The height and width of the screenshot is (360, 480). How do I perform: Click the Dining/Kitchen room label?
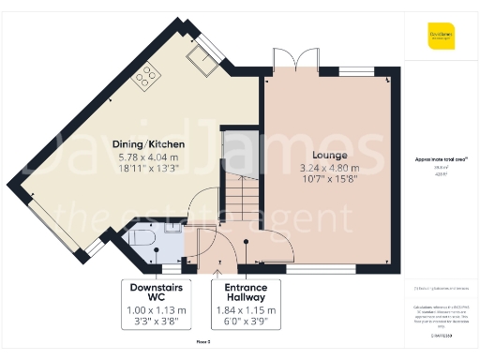click(x=151, y=144)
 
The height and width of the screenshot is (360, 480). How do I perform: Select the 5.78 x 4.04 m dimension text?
click(x=151, y=158)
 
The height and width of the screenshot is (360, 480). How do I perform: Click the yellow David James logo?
click(x=439, y=38)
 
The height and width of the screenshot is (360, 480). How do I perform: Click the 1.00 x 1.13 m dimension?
click(x=157, y=310)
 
